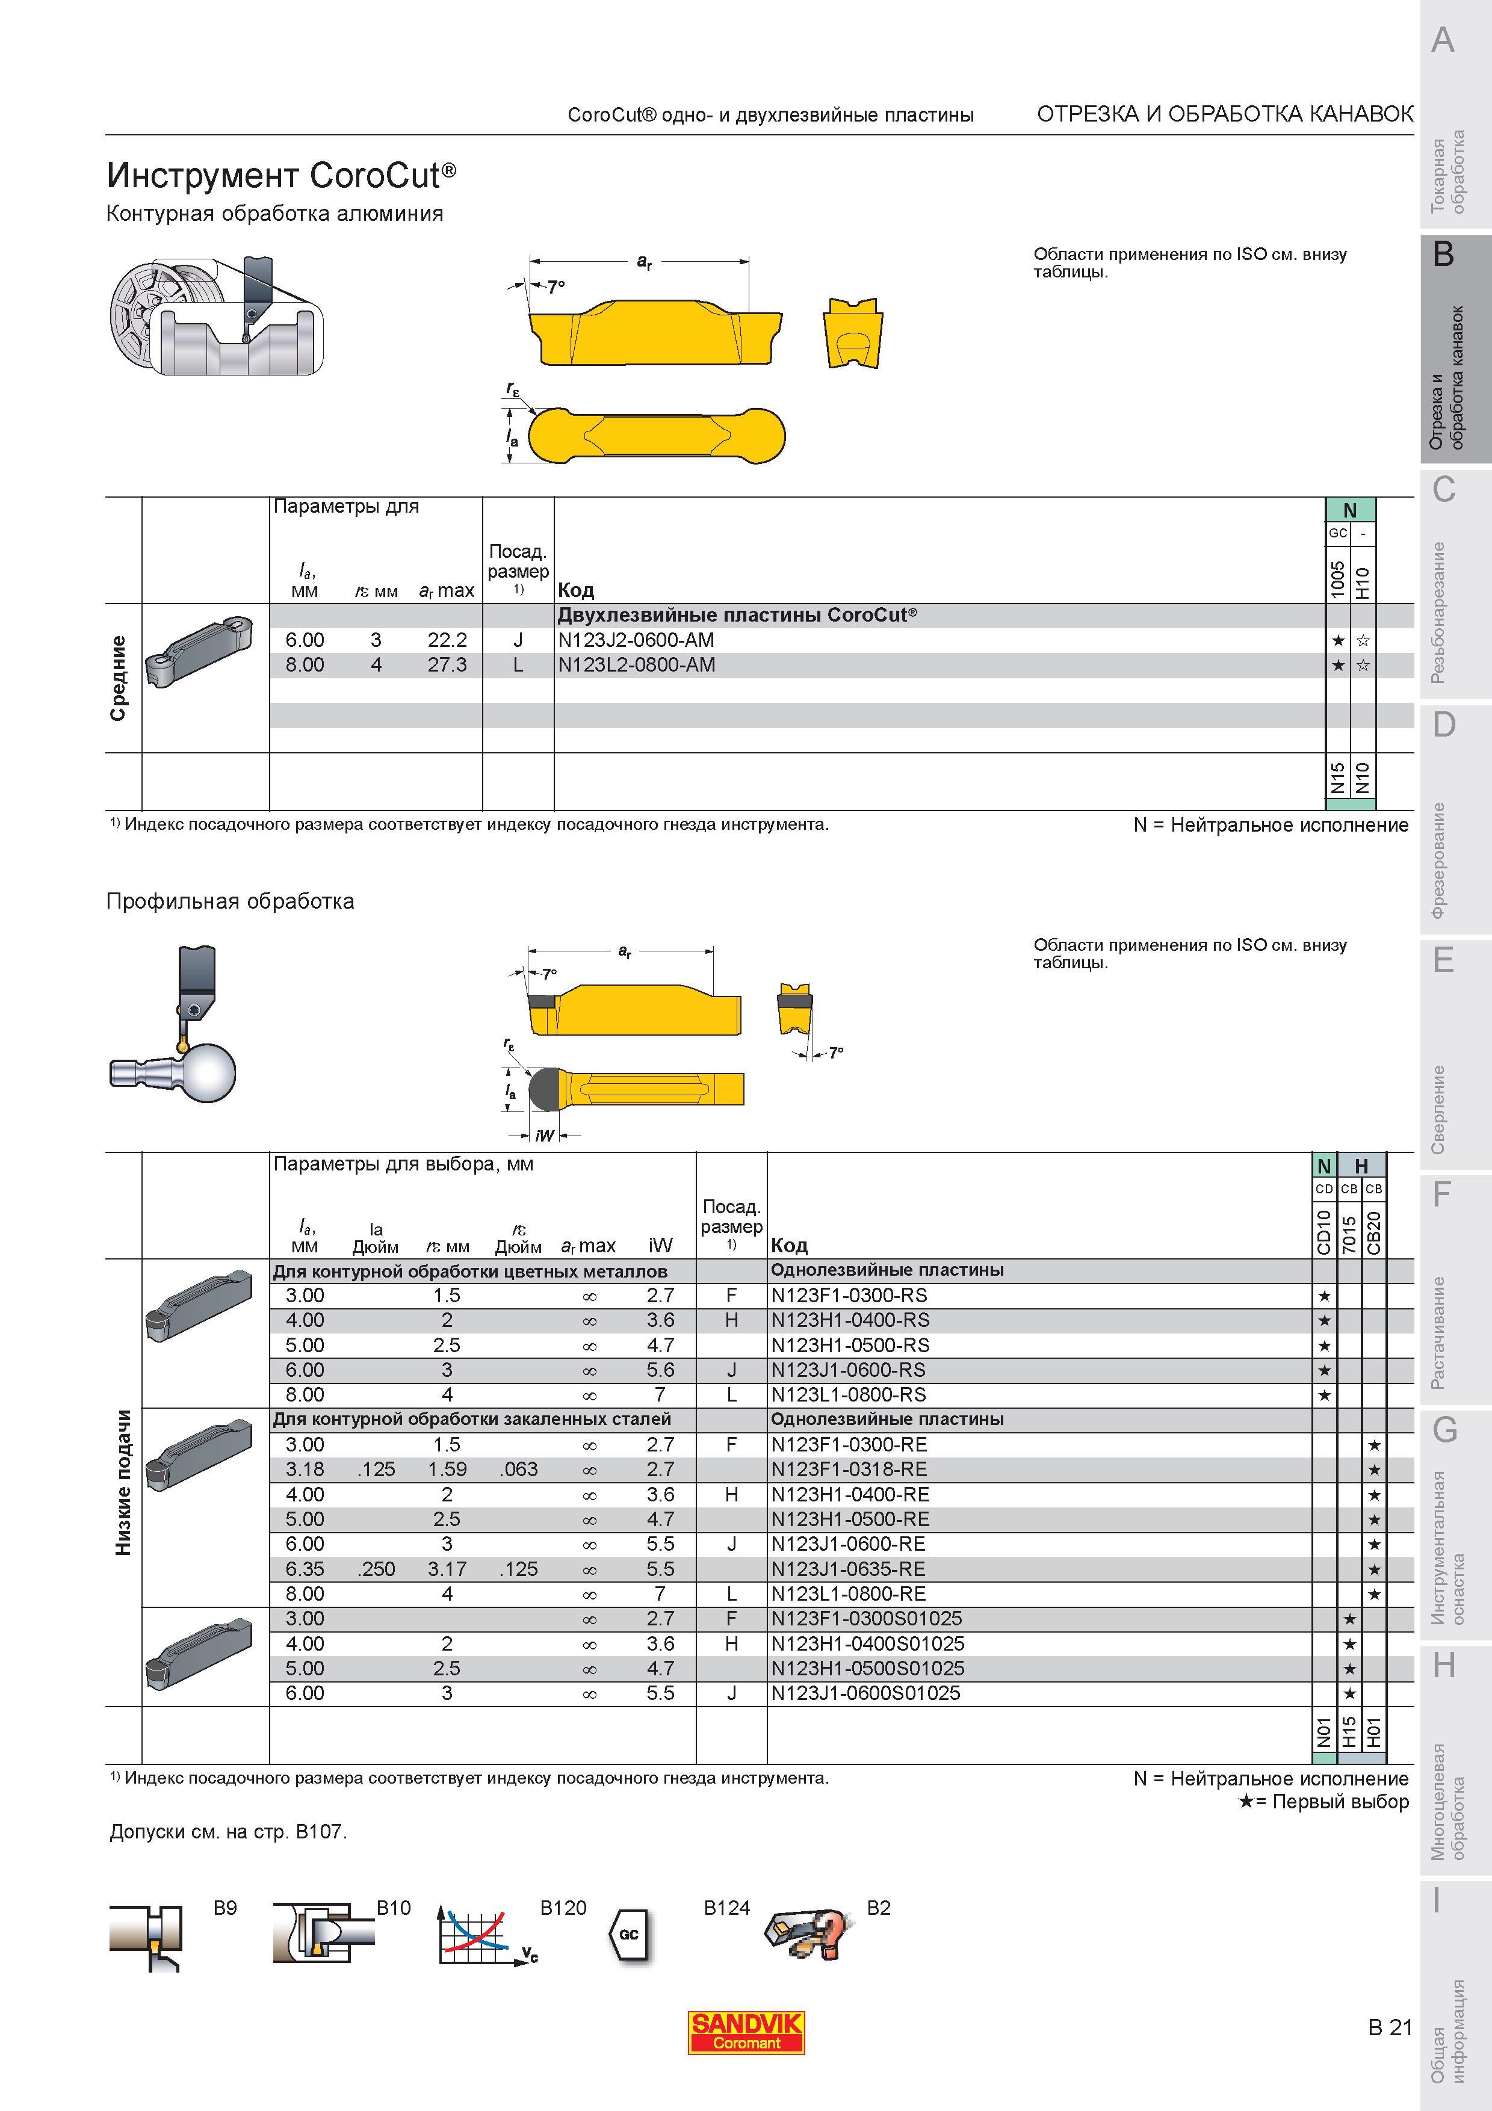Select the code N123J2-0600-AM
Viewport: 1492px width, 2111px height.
(636, 640)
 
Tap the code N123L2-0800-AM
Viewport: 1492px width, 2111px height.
(636, 665)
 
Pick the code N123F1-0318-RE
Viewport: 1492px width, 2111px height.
(849, 1470)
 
